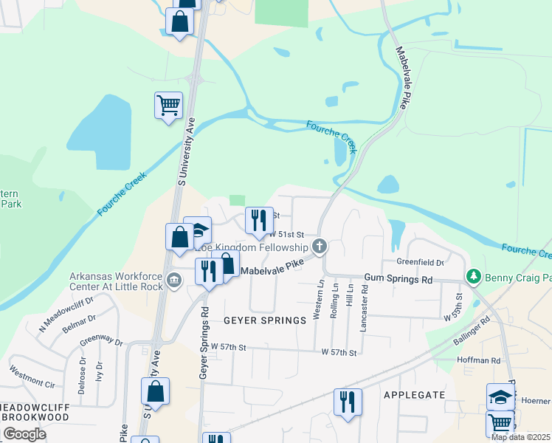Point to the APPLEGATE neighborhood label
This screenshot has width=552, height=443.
pyautogui.click(x=414, y=395)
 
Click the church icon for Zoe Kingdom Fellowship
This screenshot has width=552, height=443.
pyautogui.click(x=320, y=246)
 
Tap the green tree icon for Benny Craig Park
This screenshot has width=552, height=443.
pyautogui.click(x=473, y=276)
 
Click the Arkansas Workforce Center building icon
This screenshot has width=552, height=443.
pyautogui.click(x=174, y=279)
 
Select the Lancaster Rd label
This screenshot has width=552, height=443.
pyautogui.click(x=364, y=303)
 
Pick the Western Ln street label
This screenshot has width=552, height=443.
pyautogui.click(x=319, y=299)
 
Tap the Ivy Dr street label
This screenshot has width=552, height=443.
pyautogui.click(x=98, y=371)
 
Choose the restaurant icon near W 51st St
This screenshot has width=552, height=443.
pyautogui.click(x=259, y=221)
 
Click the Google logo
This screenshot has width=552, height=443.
pyautogui.click(x=24, y=434)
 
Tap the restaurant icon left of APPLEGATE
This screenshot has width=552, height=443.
pyautogui.click(x=348, y=402)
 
